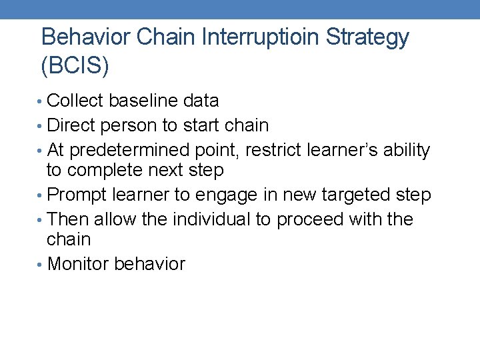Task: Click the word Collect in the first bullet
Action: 76,101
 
